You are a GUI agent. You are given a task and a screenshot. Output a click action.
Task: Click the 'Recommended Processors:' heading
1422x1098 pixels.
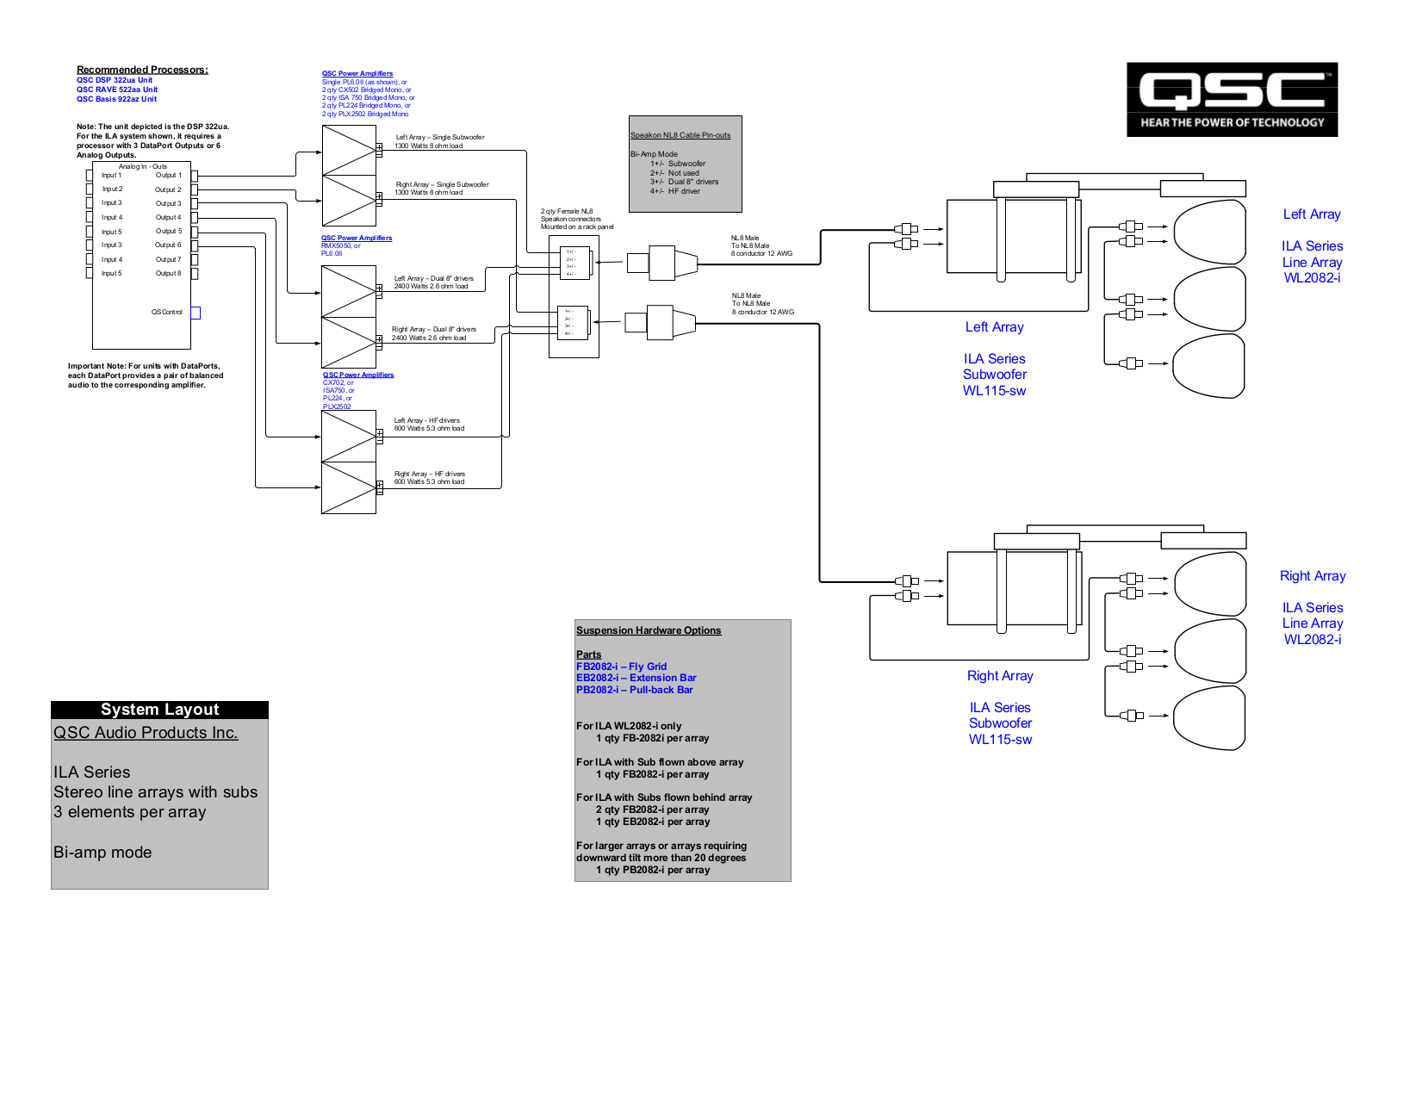pyautogui.click(x=142, y=70)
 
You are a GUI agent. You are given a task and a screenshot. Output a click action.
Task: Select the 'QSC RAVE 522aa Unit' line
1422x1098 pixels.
pyautogui.click(x=117, y=90)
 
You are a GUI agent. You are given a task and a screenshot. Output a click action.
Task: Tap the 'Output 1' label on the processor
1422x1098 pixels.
pyautogui.click(x=168, y=176)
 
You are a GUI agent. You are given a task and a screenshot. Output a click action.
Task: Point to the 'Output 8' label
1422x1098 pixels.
pyautogui.click(x=168, y=274)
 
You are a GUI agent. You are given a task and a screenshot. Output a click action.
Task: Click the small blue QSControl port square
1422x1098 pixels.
pyautogui.click(x=196, y=313)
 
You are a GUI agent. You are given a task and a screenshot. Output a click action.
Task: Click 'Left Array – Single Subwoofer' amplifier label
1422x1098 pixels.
pyautogui.click(x=439, y=138)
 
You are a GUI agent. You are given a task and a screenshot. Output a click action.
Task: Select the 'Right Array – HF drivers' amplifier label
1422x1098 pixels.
pyautogui.click(x=429, y=475)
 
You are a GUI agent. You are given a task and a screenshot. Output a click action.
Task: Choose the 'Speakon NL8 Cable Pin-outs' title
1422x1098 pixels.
pyautogui.click(x=680, y=135)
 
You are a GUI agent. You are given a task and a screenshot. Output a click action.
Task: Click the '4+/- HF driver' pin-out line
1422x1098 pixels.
pyautogui.click(x=675, y=191)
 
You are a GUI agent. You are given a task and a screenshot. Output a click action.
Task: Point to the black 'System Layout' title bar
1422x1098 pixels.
pyautogui.click(x=159, y=710)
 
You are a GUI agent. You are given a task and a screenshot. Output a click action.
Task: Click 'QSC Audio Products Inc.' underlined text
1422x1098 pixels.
pyautogui.click(x=146, y=733)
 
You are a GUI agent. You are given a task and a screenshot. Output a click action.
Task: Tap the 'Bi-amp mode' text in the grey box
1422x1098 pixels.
pyautogui.click(x=102, y=853)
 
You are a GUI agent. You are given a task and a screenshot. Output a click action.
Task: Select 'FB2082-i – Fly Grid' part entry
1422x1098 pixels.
pyautogui.click(x=621, y=667)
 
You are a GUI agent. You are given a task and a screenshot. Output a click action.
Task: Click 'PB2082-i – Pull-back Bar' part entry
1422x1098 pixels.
pyautogui.click(x=634, y=690)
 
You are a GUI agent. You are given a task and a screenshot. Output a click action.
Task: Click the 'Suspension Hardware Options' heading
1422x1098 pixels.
pyautogui.click(x=649, y=630)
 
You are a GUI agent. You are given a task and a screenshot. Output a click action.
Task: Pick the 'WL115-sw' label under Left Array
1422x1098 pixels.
pyautogui.click(x=994, y=391)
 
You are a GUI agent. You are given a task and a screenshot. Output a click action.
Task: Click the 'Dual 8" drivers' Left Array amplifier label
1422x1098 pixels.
pyautogui.click(x=433, y=279)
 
